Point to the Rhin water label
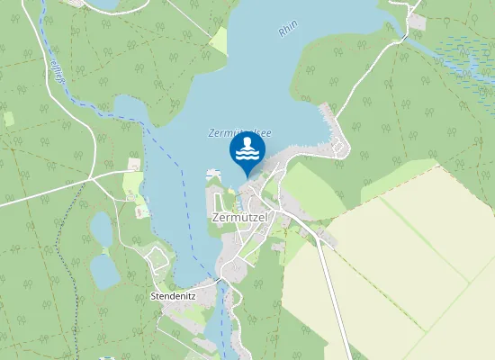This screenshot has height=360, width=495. coord(288,31)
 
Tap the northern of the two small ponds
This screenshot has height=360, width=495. coord(101,229)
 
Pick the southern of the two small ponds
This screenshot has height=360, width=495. coord(104,270)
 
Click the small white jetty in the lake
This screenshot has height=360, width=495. coord(213,171)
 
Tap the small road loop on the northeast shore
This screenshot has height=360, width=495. coord(338,144)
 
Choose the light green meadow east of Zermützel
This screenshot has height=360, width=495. coord(310,189)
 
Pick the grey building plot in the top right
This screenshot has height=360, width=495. coord(415,20)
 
